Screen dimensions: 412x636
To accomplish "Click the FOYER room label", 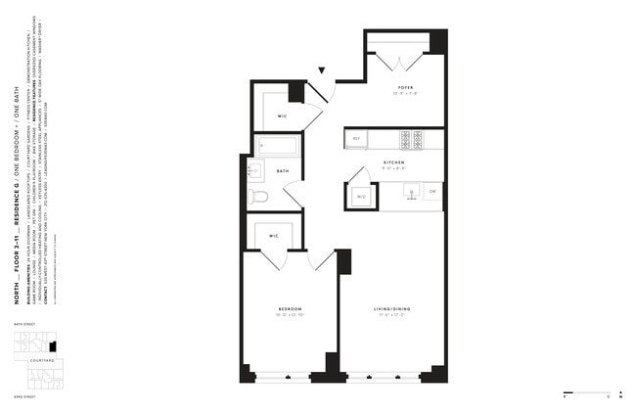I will pyautogui.click(x=405, y=87).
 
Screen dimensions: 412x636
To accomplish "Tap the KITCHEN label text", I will pyautogui.click(x=393, y=161).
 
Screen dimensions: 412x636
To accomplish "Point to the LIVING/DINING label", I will pyautogui.click(x=391, y=309).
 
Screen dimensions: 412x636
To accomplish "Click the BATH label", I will pyautogui.click(x=282, y=171).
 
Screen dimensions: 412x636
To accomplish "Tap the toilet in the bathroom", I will pyautogui.click(x=258, y=197).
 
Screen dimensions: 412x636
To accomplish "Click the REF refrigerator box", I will pyautogui.click(x=357, y=139).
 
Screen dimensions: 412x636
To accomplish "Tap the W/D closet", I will pyautogui.click(x=360, y=197).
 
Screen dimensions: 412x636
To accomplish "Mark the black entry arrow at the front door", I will pyautogui.click(x=322, y=70).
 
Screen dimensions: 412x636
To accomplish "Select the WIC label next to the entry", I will pyautogui.click(x=281, y=115).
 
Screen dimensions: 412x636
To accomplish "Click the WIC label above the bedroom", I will pyautogui.click(x=275, y=236).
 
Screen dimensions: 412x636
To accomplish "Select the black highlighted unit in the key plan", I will pyautogui.click(x=53, y=345).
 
